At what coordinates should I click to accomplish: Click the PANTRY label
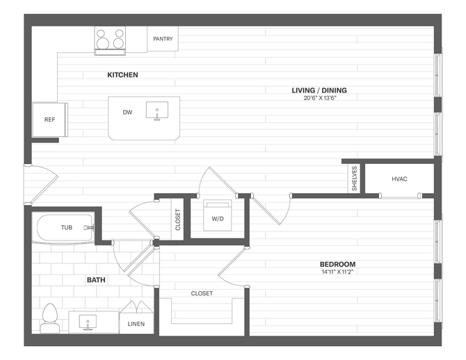coord(163,39)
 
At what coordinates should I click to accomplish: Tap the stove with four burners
coord(110,40)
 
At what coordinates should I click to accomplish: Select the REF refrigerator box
coord(50,120)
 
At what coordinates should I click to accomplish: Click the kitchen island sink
coord(157,111)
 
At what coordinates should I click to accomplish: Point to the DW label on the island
coord(127,113)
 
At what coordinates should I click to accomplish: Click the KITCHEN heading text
coord(122,75)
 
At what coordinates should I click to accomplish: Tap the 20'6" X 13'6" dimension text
coord(319,98)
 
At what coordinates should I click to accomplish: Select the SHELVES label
coord(354,178)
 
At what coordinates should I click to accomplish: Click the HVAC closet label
coord(399,179)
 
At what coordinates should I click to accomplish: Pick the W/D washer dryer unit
coord(217,215)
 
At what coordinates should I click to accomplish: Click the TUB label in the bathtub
coord(67,227)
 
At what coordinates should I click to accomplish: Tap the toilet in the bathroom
coord(50,318)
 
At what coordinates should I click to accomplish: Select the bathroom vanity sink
coord(88,322)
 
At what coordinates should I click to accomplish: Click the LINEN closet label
coord(136,324)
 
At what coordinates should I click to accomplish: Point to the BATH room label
coord(96,280)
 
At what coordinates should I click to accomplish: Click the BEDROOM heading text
coord(337,264)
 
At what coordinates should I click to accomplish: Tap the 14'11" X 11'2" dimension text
coord(337,272)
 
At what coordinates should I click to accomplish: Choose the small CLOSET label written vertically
coord(178,220)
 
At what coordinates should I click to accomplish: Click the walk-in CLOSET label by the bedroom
coord(202,293)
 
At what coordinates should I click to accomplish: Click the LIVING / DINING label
coord(319,90)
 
